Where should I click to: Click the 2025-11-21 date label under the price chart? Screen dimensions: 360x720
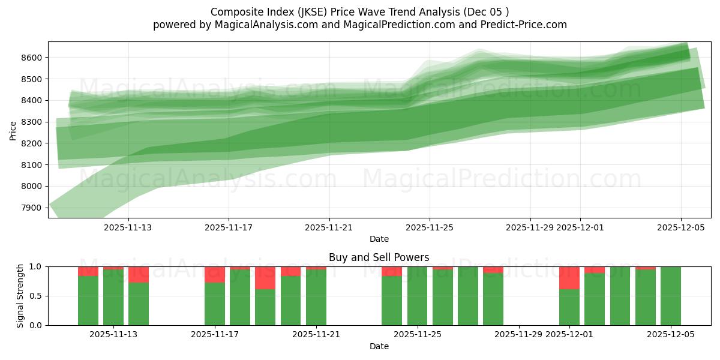(329, 228)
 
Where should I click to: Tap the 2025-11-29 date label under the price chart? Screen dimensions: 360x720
(530, 228)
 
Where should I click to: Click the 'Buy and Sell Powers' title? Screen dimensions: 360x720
(379, 257)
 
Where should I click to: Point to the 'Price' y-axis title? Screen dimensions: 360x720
(13, 130)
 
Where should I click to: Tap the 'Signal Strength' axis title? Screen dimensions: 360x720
(20, 296)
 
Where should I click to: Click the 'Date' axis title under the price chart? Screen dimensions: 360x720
(379, 239)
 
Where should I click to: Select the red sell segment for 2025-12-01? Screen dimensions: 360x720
(569, 278)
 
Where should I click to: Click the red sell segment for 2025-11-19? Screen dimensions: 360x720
(265, 278)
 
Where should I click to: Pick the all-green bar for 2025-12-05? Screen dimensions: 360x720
(671, 296)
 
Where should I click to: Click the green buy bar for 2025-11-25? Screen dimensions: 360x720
(418, 296)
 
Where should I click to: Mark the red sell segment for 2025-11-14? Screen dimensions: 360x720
(139, 274)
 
